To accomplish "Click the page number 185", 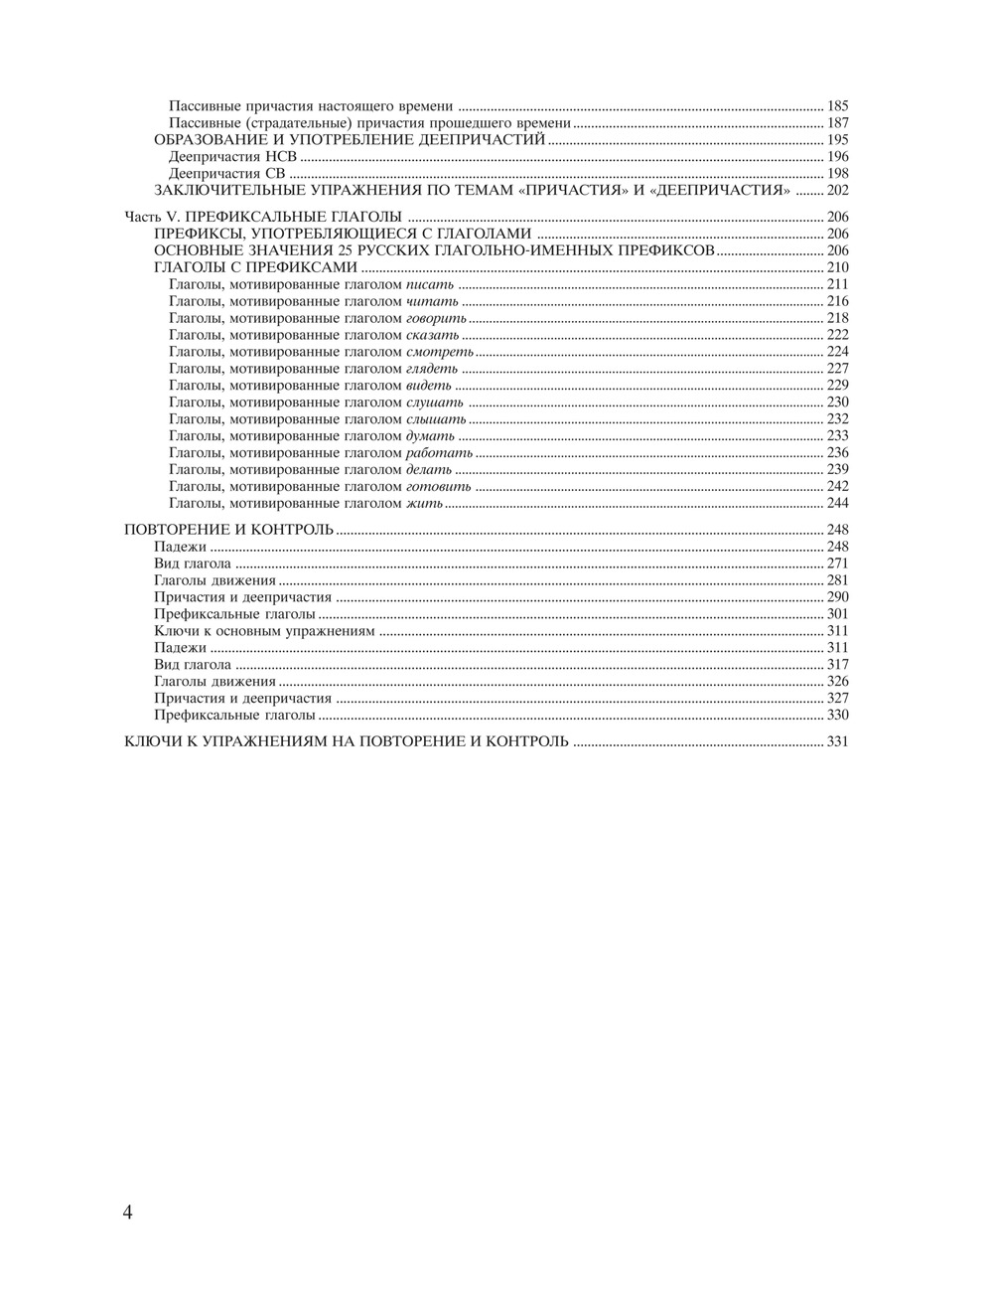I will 837,105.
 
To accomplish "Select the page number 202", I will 837,190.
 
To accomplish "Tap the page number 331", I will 837,741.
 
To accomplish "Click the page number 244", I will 837,504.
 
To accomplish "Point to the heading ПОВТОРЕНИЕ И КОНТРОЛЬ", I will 228,530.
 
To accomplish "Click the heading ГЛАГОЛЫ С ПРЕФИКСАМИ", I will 255,268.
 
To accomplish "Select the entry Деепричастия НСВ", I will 233,157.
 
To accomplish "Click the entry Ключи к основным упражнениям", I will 264,631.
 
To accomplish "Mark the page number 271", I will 837,564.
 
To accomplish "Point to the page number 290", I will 837,597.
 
